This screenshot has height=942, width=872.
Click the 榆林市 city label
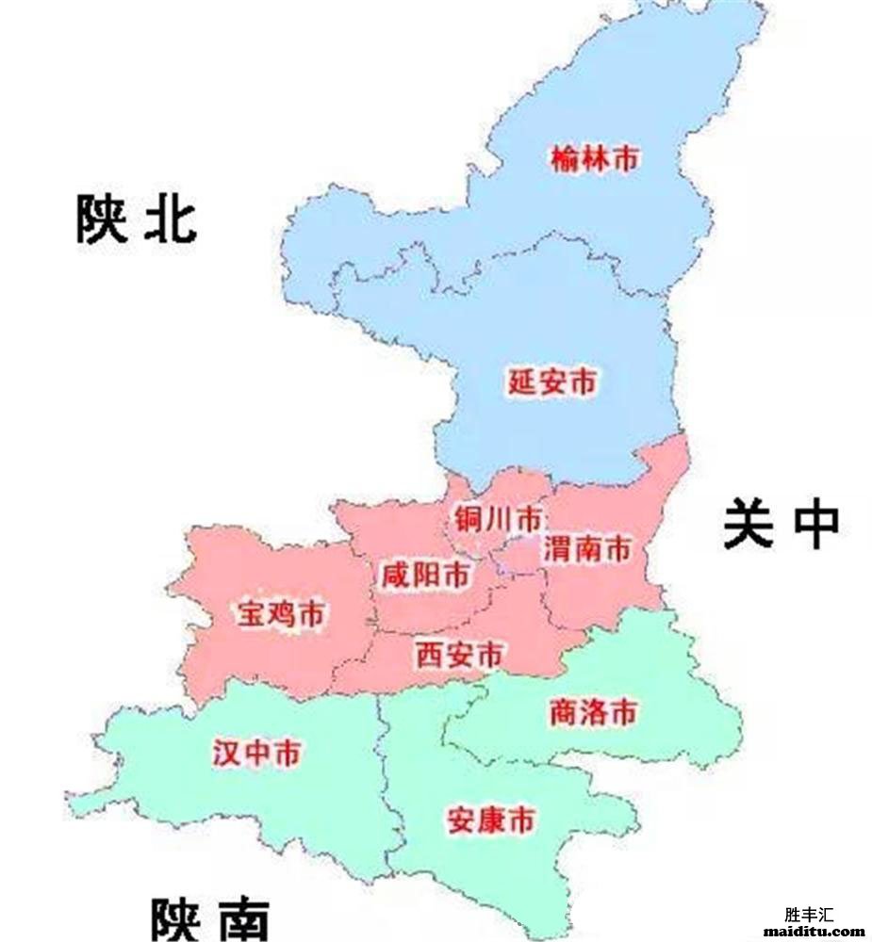coord(594,158)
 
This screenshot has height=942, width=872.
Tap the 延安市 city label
coord(552,382)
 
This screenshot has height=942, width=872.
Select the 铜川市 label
coord(498,519)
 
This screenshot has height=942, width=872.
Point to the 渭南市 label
coord(585,548)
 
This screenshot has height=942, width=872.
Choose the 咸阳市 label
coord(423,575)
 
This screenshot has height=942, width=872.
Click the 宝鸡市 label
coord(280,615)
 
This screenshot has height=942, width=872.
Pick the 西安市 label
coord(459,654)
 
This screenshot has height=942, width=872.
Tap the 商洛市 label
coord(593,712)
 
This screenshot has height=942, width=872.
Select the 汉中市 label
coord(257,754)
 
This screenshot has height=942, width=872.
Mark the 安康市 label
coord(490,820)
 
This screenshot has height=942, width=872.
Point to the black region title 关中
coord(781,525)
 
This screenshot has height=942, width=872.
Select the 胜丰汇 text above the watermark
coord(809,914)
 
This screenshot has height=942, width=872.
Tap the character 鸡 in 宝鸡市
coord(280,615)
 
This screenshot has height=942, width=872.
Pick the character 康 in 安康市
coord(490,820)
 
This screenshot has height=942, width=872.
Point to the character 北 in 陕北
coord(170,219)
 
